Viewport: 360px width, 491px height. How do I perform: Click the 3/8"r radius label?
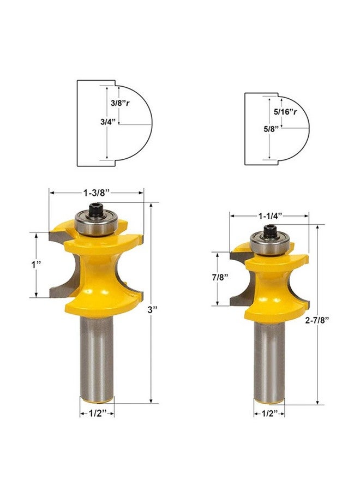point(120,103)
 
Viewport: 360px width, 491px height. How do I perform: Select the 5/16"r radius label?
point(285,112)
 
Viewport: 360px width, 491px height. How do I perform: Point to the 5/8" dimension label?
point(271,129)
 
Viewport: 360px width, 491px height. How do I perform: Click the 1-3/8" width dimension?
point(96,193)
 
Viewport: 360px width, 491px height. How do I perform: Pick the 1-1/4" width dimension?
point(270,215)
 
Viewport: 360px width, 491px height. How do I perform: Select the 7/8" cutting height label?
point(218,278)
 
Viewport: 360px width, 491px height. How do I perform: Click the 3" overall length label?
point(152,310)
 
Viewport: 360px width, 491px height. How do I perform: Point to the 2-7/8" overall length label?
point(318,320)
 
